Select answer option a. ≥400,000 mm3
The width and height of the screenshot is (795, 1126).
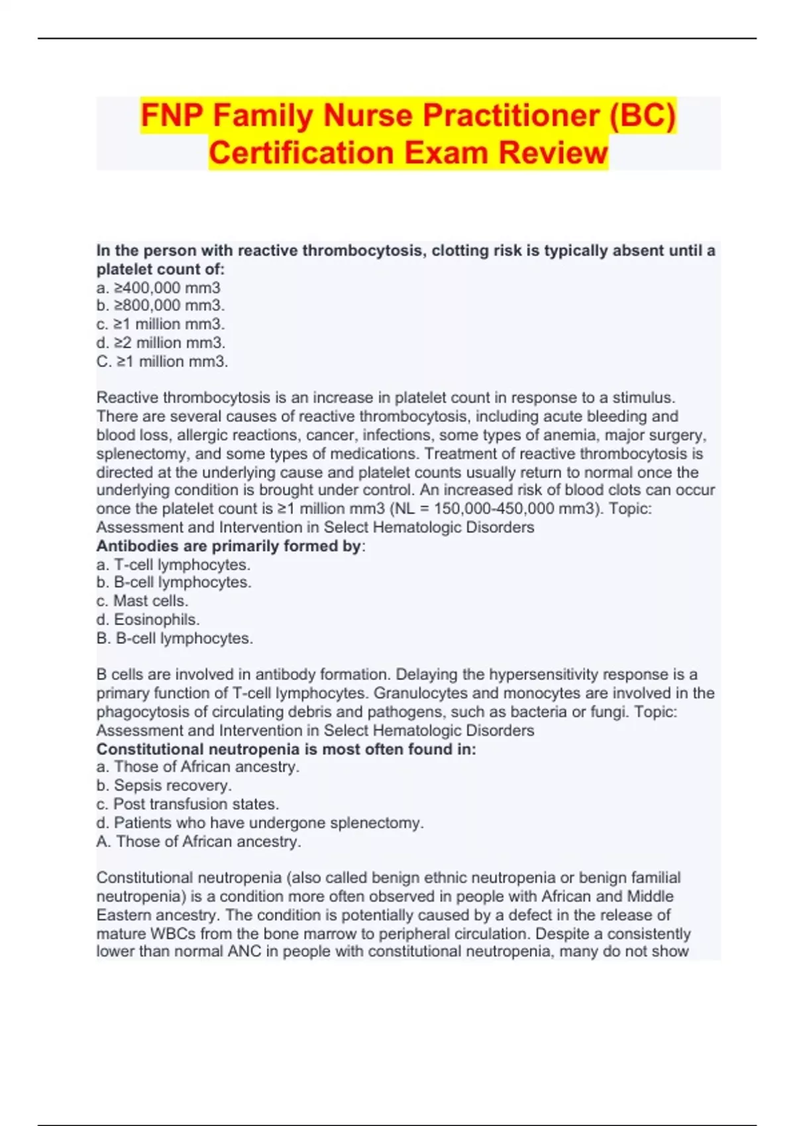tap(158, 287)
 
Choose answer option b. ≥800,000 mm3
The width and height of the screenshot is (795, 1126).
tap(160, 305)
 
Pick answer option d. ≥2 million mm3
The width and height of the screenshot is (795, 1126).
tap(160, 342)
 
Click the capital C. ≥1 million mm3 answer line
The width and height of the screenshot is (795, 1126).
tap(162, 362)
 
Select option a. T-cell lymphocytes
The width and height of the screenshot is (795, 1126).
tap(173, 565)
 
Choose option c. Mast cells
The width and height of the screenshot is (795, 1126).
tap(142, 601)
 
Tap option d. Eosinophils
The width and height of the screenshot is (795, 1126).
tap(148, 620)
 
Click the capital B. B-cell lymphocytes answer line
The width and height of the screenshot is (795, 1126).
tap(174, 639)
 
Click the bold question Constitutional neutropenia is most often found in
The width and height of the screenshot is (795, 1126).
tap(286, 749)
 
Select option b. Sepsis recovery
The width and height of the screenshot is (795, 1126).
tap(164, 786)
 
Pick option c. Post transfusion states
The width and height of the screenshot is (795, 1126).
tap(187, 804)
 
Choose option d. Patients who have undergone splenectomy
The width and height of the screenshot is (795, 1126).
tap(260, 823)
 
